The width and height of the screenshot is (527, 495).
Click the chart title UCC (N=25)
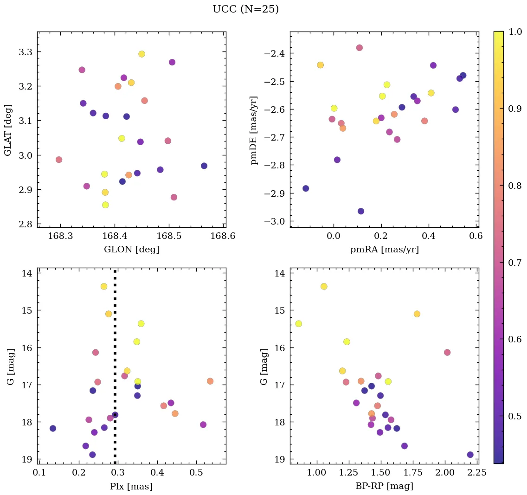tap(245, 9)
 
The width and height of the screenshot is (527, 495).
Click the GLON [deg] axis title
tap(131, 250)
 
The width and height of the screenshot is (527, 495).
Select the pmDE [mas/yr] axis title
tap(254, 130)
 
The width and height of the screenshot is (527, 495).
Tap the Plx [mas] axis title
tap(131, 486)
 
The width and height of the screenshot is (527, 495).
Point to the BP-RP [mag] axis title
tap(384, 486)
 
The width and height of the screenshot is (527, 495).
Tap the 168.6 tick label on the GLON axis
tap(224, 236)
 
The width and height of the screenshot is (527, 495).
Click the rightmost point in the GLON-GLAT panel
tap(204, 166)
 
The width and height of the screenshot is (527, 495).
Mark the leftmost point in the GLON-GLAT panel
tap(59, 160)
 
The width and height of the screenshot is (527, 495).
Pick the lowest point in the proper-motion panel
tap(361, 211)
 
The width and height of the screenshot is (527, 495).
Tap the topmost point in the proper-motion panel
tap(360, 48)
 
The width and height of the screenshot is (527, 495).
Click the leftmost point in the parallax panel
tap(53, 428)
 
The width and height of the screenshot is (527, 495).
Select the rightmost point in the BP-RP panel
tap(470, 455)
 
